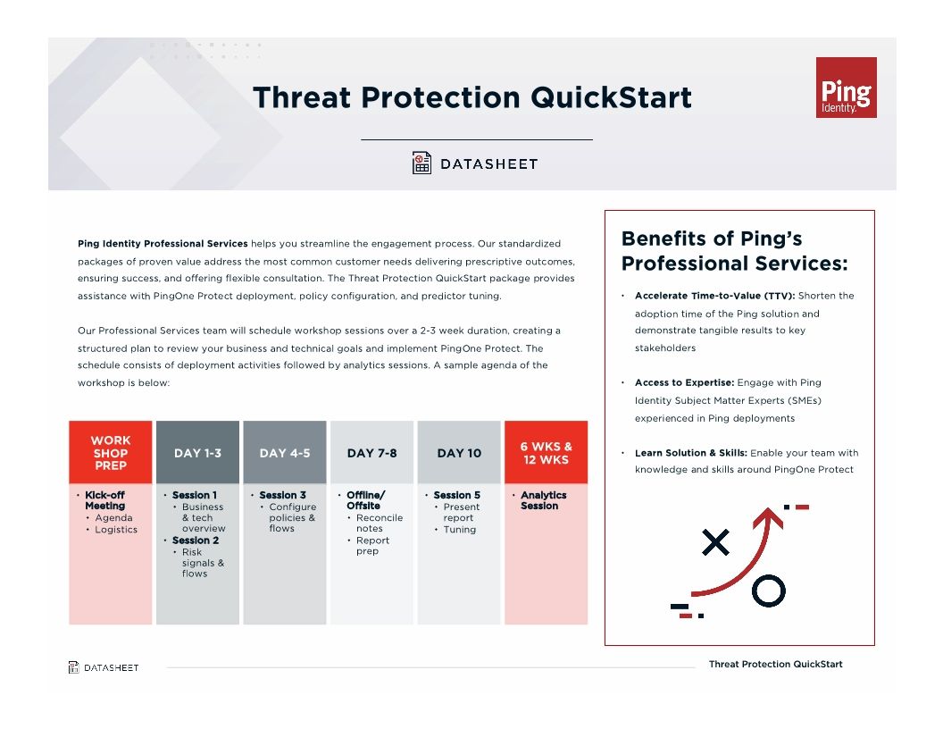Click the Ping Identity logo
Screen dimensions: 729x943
pos(846,88)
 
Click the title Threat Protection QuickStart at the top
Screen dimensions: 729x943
pos(471,97)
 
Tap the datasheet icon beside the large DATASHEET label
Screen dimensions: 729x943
pos(421,163)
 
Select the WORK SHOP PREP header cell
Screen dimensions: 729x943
pos(110,453)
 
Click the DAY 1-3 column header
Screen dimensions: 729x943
pos(197,453)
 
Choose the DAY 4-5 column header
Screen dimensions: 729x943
pos(285,453)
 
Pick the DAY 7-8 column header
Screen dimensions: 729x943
pos(371,453)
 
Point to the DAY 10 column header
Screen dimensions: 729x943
pos(459,453)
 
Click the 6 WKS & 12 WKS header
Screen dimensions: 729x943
pos(546,453)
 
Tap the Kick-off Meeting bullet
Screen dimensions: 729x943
pos(104,500)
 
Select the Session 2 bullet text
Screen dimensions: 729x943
pos(195,540)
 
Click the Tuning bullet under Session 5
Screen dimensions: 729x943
pos(460,530)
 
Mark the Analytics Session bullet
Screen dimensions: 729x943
pos(543,500)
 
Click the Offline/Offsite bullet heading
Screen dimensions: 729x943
pos(365,500)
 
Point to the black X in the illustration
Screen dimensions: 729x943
pos(715,542)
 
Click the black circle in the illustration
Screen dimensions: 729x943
pos(768,590)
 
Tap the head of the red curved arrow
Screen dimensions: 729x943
pos(767,517)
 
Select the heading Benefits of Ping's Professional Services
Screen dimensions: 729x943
pos(733,251)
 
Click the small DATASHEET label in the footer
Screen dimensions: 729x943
pos(112,667)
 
